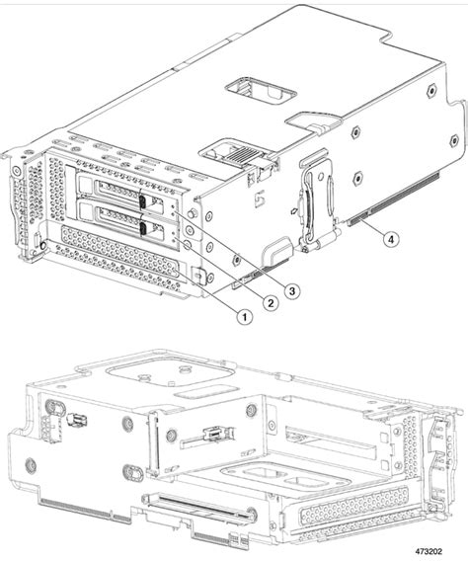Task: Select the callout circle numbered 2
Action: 265,302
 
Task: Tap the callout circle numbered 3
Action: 291,289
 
